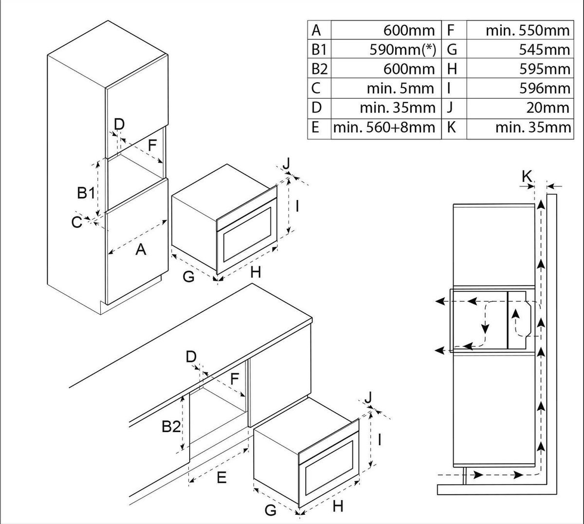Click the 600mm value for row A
409,30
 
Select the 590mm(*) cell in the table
403,50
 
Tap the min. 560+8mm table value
384,127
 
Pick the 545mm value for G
545,50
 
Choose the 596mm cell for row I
545,89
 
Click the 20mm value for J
547,108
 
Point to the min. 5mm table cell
401,89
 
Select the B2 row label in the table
320,69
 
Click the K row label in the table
451,127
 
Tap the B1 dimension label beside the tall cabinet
86,193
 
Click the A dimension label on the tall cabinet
141,249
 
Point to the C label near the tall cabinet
76,222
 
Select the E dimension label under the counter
221,478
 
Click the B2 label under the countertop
171,427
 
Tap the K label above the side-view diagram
527,176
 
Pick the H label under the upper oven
255,272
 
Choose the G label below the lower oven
270,510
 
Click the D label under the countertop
191,357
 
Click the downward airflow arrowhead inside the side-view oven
485,328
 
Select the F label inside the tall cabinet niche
152,145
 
